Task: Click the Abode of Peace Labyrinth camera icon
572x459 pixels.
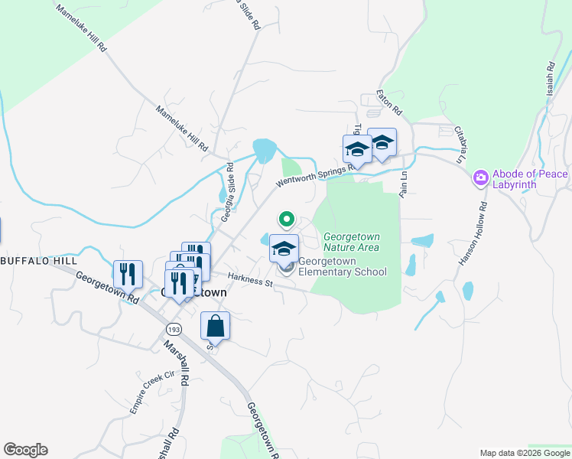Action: click(x=480, y=178)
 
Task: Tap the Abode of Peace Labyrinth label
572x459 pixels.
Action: click(x=530, y=180)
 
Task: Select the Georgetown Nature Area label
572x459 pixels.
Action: click(x=352, y=242)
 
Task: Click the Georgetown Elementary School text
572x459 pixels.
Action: click(x=342, y=266)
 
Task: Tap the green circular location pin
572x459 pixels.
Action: click(x=287, y=220)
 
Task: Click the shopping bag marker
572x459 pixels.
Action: click(x=216, y=327)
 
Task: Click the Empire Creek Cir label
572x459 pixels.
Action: click(x=153, y=392)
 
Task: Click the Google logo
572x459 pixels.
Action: click(x=25, y=450)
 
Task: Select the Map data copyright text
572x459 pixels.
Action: click(x=525, y=453)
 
